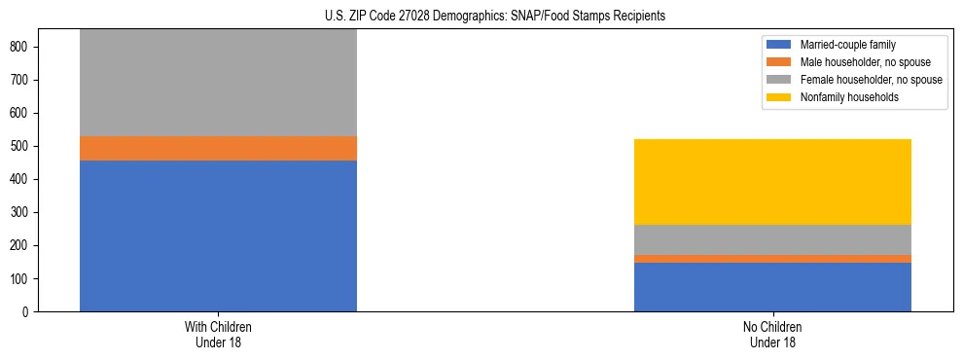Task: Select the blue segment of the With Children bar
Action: (x=218, y=235)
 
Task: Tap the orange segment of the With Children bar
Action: (x=218, y=148)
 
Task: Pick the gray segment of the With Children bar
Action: (x=218, y=83)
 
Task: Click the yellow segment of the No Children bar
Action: (x=772, y=182)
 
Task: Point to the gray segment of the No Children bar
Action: (x=772, y=239)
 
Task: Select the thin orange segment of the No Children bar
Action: (x=772, y=259)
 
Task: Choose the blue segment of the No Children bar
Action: (x=772, y=287)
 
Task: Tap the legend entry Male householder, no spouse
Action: (x=865, y=62)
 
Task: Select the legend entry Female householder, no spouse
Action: (x=871, y=80)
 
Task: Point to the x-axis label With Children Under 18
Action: (x=218, y=334)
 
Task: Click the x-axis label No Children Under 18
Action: (x=772, y=334)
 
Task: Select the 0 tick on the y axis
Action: (x=32, y=311)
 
